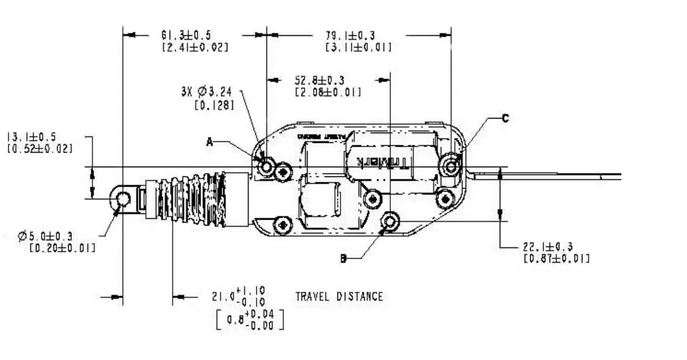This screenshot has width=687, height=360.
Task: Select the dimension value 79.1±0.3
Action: coord(350,35)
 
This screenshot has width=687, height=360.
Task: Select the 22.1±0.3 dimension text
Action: coord(547,247)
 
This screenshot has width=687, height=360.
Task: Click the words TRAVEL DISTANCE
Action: coord(339,297)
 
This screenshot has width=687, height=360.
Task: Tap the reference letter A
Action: coord(210,142)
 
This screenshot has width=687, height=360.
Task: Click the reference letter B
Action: coord(343,259)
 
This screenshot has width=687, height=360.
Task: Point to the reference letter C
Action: coord(505,119)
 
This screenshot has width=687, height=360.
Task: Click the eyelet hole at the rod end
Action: coord(123,198)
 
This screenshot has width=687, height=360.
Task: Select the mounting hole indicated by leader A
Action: coord(266,165)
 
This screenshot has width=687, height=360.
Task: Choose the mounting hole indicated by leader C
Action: coord(451,165)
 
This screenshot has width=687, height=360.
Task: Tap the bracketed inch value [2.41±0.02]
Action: coord(195,47)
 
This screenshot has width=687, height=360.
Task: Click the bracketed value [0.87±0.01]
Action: coord(556,258)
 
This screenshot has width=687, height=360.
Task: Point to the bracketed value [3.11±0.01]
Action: coord(359,47)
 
